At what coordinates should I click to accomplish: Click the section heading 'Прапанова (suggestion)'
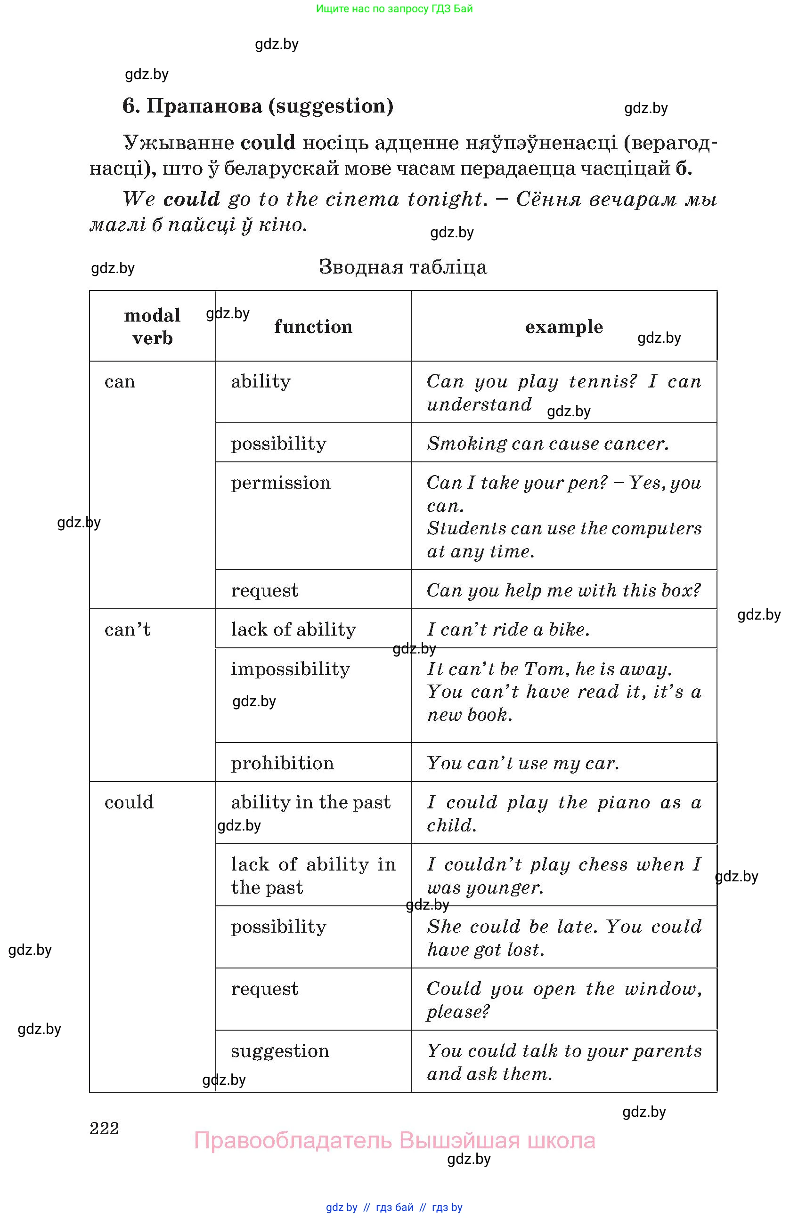[258, 106]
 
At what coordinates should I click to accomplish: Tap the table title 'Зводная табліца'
[403, 267]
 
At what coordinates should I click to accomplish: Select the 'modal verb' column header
[152, 326]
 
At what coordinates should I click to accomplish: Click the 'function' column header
[313, 326]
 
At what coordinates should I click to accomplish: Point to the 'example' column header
[564, 326]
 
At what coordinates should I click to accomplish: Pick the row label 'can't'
[128, 629]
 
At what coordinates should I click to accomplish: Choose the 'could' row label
[129, 802]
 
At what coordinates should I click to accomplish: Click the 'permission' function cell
[281, 483]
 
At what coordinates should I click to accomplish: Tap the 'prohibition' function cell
[282, 763]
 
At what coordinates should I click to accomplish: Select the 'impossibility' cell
[290, 669]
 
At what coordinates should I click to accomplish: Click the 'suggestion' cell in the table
[280, 1051]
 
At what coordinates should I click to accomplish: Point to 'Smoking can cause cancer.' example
[548, 443]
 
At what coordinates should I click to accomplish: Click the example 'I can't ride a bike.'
[508, 629]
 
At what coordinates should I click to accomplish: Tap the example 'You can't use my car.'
[523, 763]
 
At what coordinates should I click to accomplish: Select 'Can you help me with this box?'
[564, 590]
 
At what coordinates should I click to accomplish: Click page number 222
[105, 1128]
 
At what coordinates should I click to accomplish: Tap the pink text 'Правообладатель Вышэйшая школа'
[394, 1141]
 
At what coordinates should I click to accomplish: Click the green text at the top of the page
[394, 8]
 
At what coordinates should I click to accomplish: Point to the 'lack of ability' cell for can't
[293, 629]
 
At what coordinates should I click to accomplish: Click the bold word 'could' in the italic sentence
[191, 199]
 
